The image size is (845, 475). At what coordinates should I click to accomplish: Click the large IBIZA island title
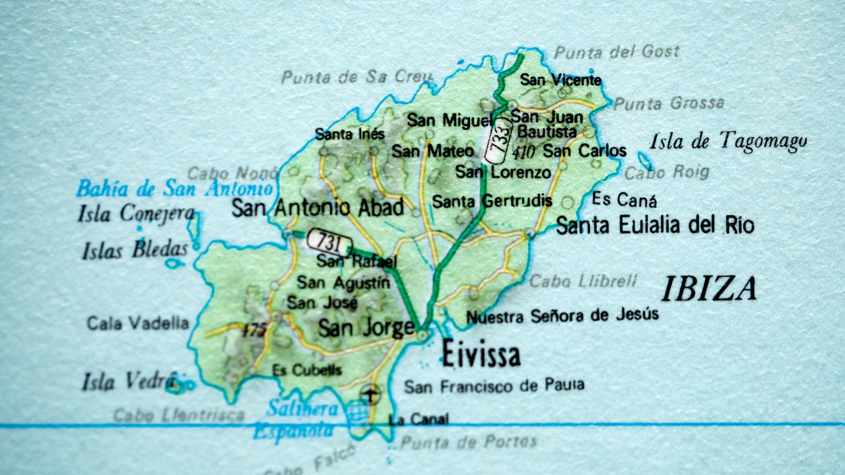pos(709,289)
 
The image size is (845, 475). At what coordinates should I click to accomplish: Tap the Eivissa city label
pos(481,354)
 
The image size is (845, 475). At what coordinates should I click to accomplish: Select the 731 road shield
pos(330,241)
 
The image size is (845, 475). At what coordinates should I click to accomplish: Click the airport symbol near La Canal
pos(371,393)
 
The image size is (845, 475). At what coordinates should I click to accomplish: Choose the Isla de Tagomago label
pos(728,142)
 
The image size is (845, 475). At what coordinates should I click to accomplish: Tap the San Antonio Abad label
pos(317,208)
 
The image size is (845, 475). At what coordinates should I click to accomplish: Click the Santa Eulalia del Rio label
pos(655,225)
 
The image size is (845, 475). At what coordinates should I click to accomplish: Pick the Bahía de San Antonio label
pos(175,189)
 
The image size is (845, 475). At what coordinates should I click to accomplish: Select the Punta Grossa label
pos(669,104)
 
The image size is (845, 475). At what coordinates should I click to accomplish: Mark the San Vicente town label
pos(561,80)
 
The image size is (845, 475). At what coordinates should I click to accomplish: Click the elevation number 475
pos(254,330)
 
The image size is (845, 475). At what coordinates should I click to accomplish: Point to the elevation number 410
pos(524,153)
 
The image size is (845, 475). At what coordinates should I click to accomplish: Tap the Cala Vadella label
pos(138,324)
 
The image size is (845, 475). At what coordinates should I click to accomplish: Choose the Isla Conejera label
pos(136,214)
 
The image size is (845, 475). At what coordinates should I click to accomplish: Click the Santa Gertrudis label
pos(492,201)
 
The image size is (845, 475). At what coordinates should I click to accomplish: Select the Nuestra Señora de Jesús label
pos(562,316)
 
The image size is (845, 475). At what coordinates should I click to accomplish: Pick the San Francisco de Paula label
pos(494,386)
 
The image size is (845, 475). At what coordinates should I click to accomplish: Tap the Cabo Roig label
pos(667,172)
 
